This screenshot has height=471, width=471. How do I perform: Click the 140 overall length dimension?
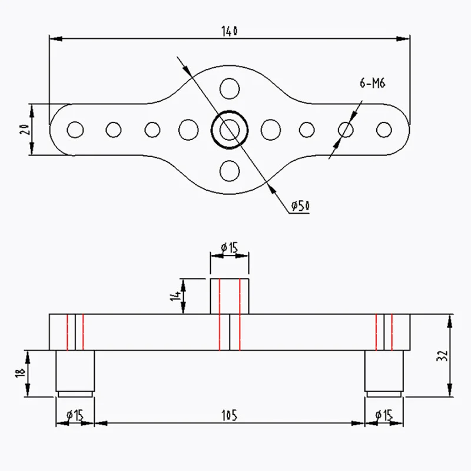coord(230,31)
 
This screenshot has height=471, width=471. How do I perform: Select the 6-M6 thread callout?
coord(372,84)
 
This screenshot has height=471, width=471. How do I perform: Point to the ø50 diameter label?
coord(300,205)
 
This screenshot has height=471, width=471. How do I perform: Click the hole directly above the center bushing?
coord(230,89)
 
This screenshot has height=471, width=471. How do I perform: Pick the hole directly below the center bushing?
coord(230,171)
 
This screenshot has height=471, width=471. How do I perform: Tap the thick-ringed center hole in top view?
coord(230,129)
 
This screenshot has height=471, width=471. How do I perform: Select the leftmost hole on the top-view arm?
coord(75,129)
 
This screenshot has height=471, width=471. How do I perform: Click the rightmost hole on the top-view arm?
coord(384,129)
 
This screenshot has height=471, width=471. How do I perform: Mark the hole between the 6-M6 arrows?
coord(346,129)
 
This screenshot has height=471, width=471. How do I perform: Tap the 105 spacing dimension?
coord(230,416)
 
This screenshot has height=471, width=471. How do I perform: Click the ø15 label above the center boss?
coord(229,248)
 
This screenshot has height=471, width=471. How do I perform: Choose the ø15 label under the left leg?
coord(75,416)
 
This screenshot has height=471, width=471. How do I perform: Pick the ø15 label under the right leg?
coord(384,416)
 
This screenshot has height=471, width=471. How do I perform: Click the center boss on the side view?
coord(230,296)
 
